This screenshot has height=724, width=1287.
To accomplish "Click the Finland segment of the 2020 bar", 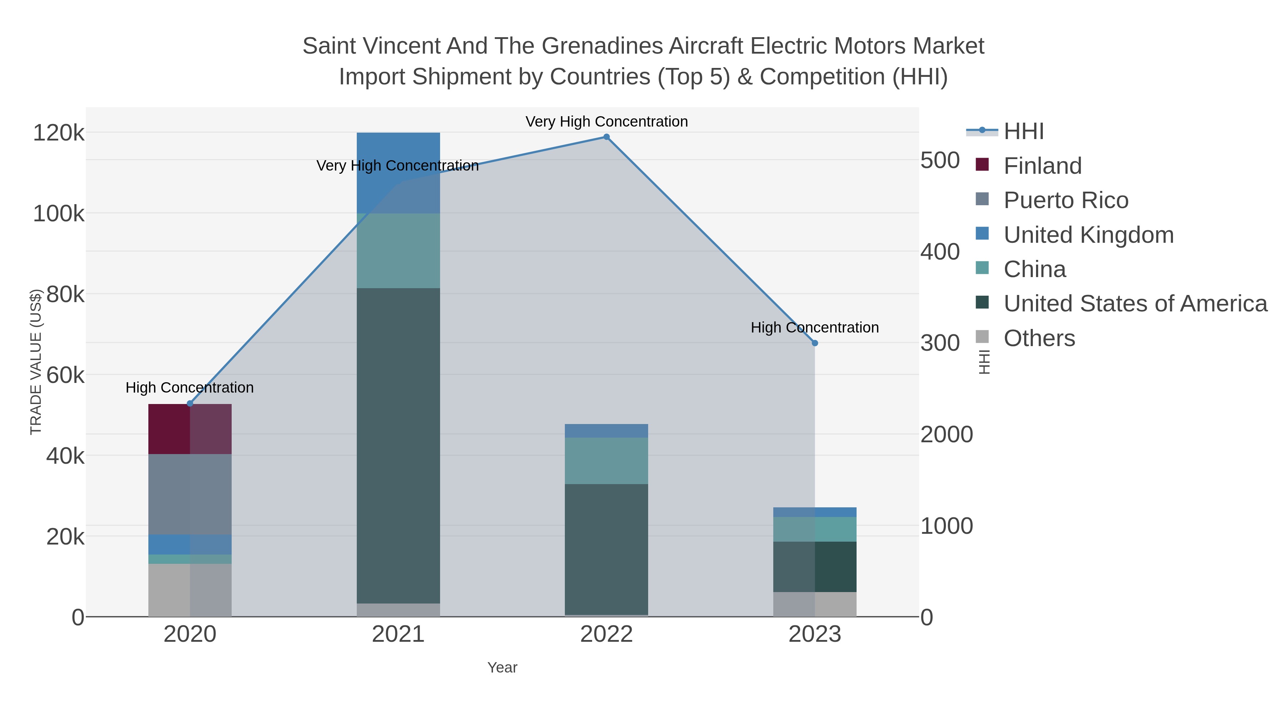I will (190, 429).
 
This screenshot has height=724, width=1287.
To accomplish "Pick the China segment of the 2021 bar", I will (398, 251).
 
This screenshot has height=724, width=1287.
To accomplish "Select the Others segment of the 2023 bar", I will (814, 604).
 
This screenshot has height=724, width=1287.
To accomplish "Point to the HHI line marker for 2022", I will (606, 137).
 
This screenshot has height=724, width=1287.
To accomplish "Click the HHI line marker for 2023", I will (814, 343).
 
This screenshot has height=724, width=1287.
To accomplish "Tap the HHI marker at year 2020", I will (190, 404).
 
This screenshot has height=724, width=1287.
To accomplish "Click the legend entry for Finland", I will (1042, 166).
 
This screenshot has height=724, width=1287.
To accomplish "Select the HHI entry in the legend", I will (1023, 132).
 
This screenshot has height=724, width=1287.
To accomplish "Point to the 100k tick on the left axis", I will (59, 214).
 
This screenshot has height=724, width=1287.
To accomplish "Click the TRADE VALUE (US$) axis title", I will (36, 362).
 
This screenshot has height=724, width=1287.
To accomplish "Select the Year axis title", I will (502, 668).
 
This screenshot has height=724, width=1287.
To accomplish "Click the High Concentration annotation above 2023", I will (814, 328).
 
